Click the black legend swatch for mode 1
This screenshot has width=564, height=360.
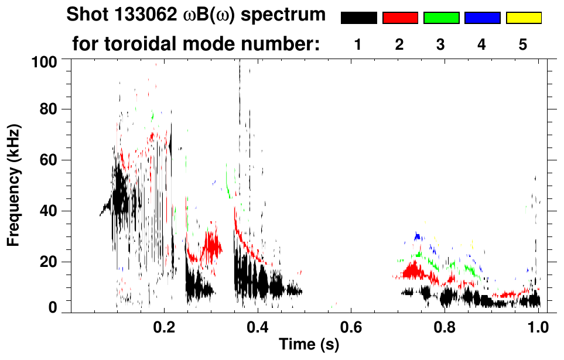point(358,18)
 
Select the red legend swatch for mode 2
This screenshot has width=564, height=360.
point(400,18)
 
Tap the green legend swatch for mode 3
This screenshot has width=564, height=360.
point(441,18)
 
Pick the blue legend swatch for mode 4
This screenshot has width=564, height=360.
point(482,18)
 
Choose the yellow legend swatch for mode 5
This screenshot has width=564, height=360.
point(523,18)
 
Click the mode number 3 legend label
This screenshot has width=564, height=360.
point(440,45)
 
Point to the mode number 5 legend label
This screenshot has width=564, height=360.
point(523,45)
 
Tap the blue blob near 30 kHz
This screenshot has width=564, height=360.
point(418,236)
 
